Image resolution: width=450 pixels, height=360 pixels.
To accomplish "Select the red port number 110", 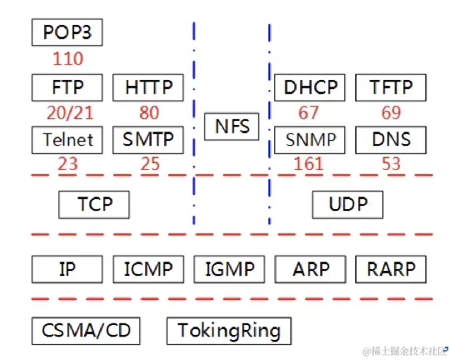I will [67, 59].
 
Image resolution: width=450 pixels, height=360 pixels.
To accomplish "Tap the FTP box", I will [67, 87].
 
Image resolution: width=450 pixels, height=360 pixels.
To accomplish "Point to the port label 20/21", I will [67, 112].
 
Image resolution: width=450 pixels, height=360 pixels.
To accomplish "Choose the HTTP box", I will [148, 87].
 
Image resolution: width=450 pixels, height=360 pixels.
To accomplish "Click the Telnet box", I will [67, 139].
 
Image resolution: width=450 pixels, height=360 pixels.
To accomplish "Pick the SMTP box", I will [148, 139].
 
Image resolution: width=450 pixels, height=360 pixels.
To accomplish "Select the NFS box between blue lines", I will [232, 127].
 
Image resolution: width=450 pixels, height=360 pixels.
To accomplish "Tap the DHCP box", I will [310, 87].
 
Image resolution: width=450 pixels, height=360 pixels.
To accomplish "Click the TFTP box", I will [391, 87].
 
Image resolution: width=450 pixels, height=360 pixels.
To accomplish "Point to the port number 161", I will [309, 164].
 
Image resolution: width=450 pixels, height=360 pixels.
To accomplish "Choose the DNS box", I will [391, 139].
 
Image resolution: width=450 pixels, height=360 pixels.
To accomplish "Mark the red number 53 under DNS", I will [391, 164].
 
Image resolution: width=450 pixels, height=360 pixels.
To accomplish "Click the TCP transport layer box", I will [95, 204].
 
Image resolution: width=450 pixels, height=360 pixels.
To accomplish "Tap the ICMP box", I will [148, 269].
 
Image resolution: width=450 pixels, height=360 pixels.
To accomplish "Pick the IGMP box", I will [229, 269].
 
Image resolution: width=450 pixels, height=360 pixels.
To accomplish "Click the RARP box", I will [391, 269].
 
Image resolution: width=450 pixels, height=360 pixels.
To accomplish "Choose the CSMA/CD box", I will [86, 330].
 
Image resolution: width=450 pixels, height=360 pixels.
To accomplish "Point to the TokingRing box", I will [229, 330].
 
